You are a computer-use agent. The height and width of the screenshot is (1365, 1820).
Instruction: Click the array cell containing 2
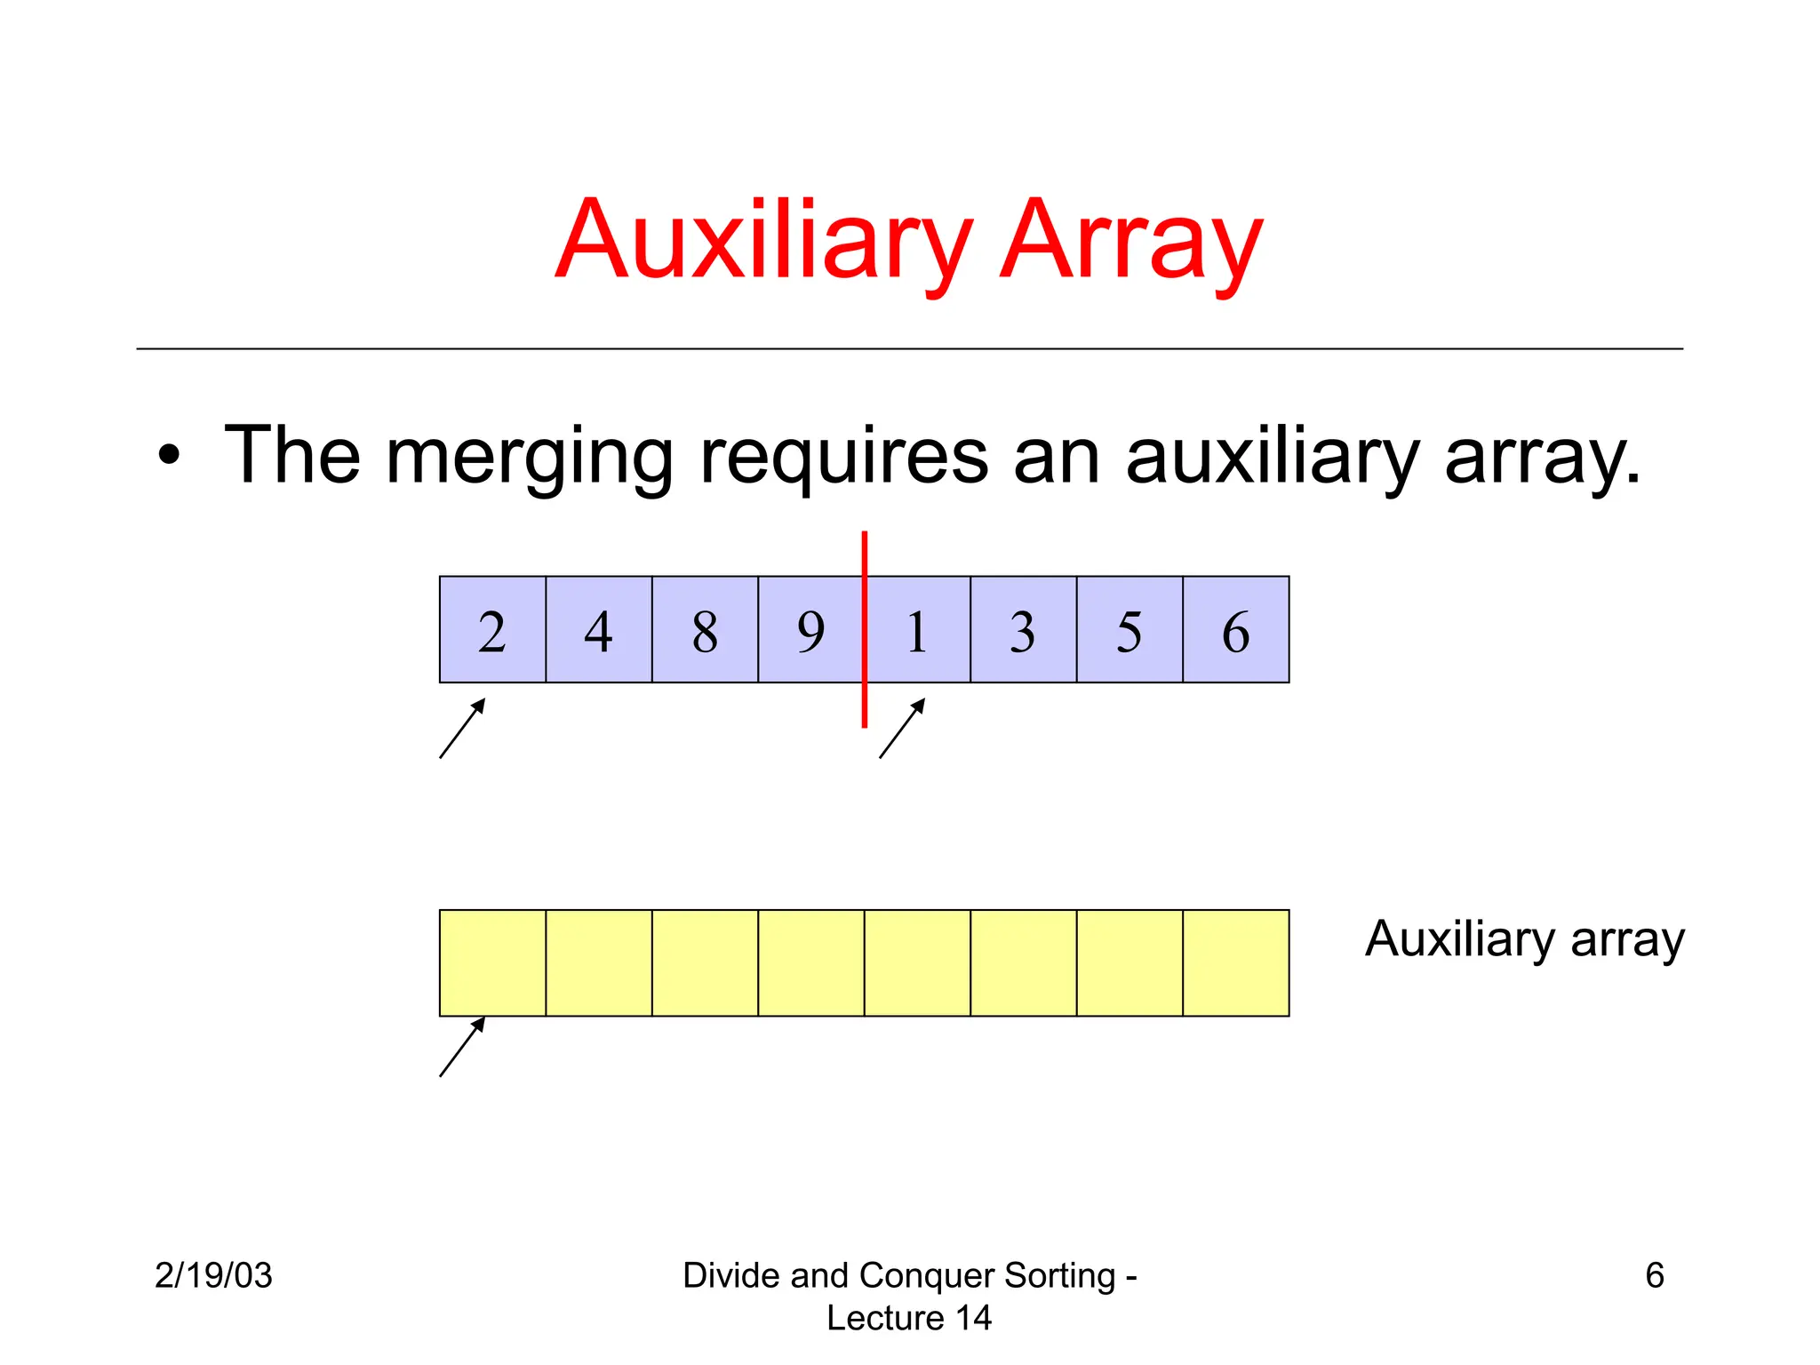[x=492, y=629]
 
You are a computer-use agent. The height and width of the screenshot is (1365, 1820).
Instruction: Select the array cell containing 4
[x=598, y=629]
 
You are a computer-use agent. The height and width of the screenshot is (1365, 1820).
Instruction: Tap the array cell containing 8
[x=705, y=629]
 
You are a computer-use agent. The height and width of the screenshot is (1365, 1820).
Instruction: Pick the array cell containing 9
[x=810, y=629]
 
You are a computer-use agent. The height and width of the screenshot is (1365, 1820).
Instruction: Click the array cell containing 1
[x=918, y=629]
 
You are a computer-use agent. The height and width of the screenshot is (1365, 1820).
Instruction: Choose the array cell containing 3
[x=1023, y=629]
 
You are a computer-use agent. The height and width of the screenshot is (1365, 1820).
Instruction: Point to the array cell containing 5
[x=1130, y=629]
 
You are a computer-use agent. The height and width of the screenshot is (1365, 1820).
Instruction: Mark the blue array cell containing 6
[x=1236, y=629]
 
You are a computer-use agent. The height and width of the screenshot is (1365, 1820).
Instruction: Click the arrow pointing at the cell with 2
[x=462, y=729]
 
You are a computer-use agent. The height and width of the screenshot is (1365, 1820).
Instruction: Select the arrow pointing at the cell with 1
[x=902, y=729]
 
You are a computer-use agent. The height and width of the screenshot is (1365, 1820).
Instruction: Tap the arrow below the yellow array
[x=462, y=1048]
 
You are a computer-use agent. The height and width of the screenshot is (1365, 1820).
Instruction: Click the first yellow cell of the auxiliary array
[x=492, y=962]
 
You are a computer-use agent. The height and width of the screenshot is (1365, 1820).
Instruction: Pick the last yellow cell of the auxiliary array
[x=1236, y=962]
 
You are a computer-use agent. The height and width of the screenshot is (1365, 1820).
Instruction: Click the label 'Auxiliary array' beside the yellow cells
[x=1524, y=940]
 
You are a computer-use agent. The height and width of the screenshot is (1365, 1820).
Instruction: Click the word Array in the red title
[x=1130, y=240]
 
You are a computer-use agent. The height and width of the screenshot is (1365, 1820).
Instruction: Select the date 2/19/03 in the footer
[x=213, y=1275]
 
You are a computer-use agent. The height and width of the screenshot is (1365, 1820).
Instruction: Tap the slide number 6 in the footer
[x=1654, y=1275]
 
